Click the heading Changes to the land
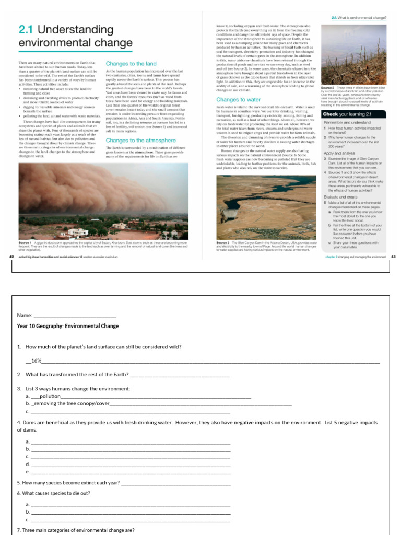pyautogui.click(x=131, y=63)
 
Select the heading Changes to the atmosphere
pyautogui.click(x=140, y=140)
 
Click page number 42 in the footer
pyautogui.click(x=12, y=257)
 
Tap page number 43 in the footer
pyautogui.click(x=393, y=257)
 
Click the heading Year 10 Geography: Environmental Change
pyautogui.click(x=68, y=326)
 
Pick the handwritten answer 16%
pyautogui.click(x=36, y=360)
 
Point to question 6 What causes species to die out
pyautogui.click(x=54, y=493)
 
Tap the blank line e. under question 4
pyautogui.click(x=131, y=472)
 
